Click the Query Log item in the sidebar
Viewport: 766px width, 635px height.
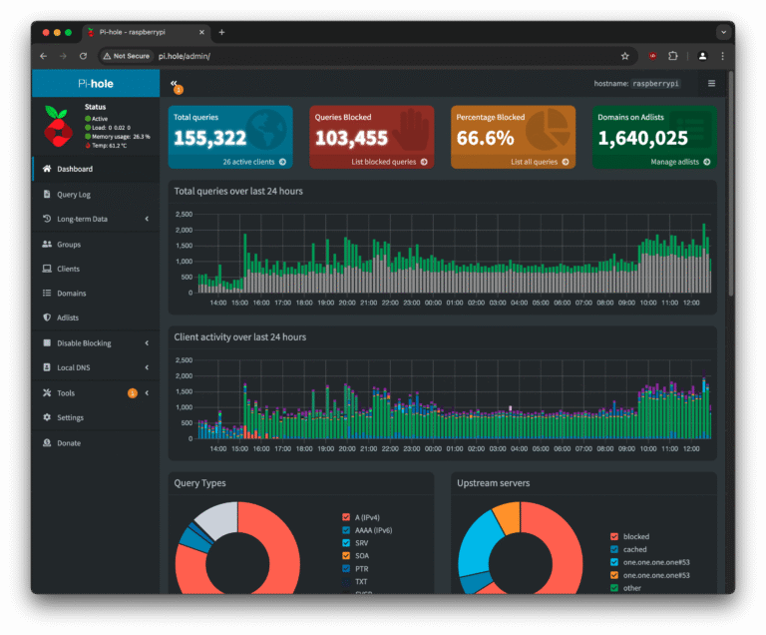click(73, 195)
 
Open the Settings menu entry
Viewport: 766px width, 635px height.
click(70, 418)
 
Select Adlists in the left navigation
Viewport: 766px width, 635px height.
click(68, 318)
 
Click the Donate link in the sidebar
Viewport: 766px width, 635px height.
click(69, 443)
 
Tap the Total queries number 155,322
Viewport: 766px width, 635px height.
click(210, 138)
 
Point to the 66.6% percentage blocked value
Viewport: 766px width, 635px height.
click(486, 138)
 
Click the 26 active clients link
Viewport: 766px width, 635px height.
click(249, 162)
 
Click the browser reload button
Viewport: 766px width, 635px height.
click(83, 56)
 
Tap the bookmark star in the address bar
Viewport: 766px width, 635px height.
click(625, 56)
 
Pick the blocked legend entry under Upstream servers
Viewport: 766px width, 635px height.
click(634, 537)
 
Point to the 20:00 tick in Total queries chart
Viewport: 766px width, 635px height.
click(347, 302)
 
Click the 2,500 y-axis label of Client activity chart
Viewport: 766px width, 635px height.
click(184, 375)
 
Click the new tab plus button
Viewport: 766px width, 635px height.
click(221, 32)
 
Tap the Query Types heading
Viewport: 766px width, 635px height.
click(199, 483)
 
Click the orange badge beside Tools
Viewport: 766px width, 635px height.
click(133, 393)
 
